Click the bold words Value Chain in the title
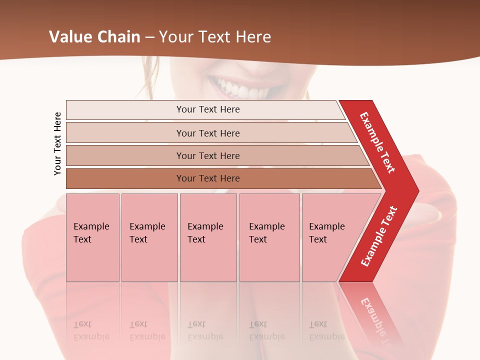click(94, 37)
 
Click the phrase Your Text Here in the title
click(215, 37)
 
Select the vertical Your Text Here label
click(58, 143)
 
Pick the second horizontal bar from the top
click(207, 133)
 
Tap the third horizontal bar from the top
click(207, 155)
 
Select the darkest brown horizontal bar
click(207, 178)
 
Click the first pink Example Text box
click(92, 237)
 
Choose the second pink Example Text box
click(149, 237)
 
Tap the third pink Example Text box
click(208, 237)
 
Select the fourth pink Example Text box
click(269, 237)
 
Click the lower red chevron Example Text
click(379, 236)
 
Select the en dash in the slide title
click(149, 37)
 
